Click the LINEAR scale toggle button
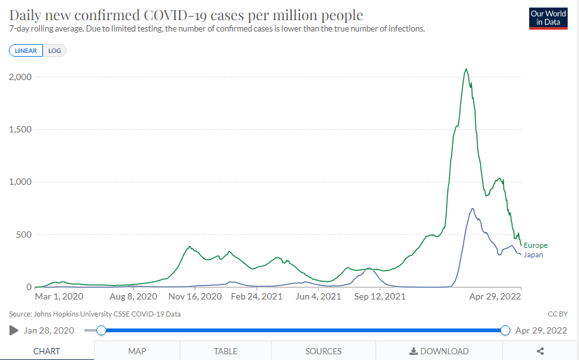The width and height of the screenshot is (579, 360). coord(26,50)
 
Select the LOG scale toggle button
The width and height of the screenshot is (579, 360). coord(55,50)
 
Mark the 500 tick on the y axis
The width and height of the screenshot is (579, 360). coord(24,235)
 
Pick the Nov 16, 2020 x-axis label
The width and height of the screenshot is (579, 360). coord(195,296)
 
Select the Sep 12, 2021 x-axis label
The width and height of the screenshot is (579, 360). coord(380,296)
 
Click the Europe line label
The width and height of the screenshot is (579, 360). coord(536,245)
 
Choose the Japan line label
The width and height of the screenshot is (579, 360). coord(533,255)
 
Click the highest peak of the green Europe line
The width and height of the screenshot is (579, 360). coord(466,69)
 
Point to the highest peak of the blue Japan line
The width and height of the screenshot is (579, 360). coord(472,209)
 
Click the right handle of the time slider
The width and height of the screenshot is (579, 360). coord(505,330)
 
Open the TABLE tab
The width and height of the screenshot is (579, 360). coord(226,351)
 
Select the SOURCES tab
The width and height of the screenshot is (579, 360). coord(323,351)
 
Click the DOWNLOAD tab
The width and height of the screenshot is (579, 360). coord(439,351)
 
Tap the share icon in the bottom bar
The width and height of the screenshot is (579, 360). coord(540,351)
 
